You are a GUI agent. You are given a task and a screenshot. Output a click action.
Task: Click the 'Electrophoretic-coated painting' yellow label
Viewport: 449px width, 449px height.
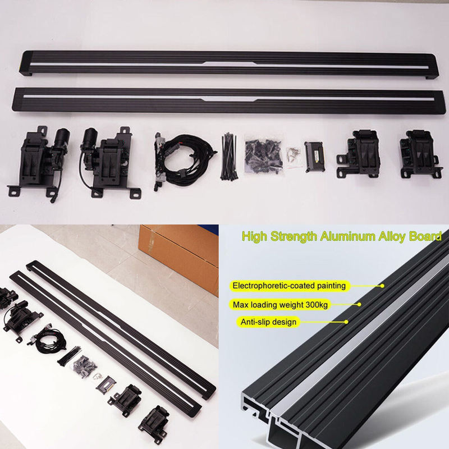290,286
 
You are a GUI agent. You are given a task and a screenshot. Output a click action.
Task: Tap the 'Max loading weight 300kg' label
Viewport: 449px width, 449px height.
280,305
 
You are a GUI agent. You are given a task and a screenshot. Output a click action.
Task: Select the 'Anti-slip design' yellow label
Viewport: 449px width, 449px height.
268,322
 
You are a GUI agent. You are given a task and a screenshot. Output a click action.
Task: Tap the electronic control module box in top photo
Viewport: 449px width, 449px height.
314,157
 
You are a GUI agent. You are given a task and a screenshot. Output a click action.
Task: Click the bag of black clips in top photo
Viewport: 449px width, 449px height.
263,157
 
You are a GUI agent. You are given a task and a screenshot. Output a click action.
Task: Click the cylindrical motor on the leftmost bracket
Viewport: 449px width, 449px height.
62,139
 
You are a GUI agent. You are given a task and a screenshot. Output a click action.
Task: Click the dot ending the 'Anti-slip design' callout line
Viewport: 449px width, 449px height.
346,322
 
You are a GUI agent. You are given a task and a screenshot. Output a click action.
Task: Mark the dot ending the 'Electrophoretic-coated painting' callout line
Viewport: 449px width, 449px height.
382,286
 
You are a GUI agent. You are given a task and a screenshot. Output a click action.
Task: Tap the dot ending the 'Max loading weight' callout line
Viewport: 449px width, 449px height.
359,304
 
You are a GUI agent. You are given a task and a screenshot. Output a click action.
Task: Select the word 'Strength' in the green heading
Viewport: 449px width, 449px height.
294,237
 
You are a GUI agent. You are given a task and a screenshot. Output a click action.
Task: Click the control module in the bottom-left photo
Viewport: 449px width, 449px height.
106,385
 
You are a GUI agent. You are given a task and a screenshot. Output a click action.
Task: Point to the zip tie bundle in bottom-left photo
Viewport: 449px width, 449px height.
70,357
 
